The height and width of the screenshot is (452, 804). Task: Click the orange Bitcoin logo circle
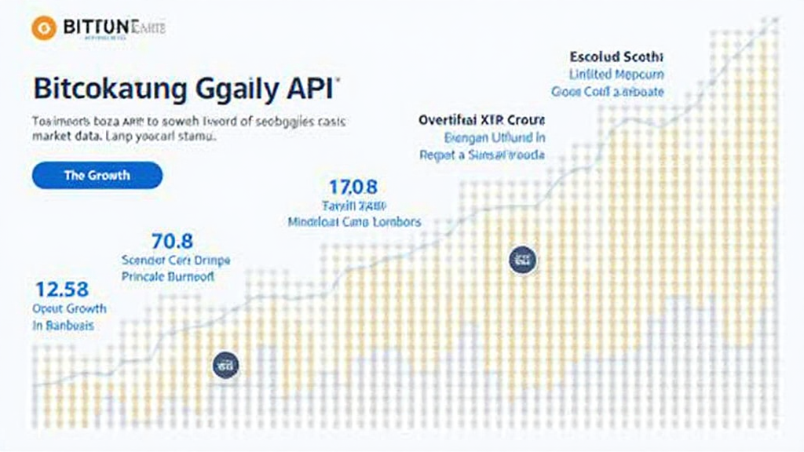[43, 27]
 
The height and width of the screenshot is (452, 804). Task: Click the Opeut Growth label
[69, 308]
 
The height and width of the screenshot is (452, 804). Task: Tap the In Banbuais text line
[63, 325]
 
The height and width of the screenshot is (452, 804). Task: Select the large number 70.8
[170, 241]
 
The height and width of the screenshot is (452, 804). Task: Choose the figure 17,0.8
[353, 187]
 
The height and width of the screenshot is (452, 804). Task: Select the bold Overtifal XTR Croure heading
[481, 121]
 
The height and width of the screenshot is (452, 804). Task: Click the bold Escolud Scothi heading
[616, 57]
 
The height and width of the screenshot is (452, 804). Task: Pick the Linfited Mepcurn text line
[616, 75]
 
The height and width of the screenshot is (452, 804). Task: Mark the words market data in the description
[63, 136]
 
